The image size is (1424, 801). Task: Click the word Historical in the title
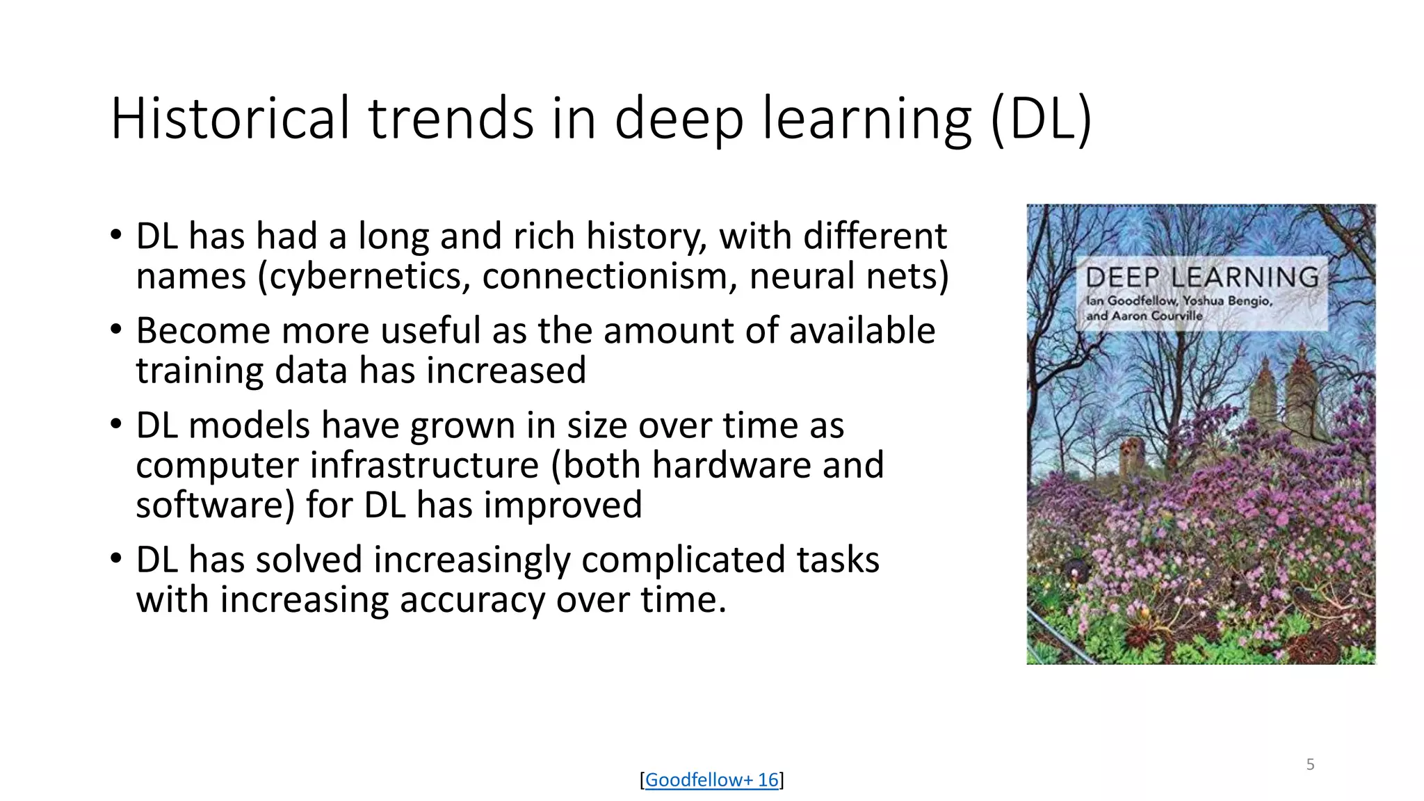point(229,118)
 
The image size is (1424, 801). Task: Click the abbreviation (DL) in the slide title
point(1041,118)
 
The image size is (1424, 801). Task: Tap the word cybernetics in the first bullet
point(365,276)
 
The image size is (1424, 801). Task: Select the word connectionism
point(604,276)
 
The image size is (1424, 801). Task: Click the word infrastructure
point(424,464)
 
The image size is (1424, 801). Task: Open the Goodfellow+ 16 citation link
point(711,779)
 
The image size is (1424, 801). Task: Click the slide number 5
point(1310,764)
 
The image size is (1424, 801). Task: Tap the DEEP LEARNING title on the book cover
point(1202,277)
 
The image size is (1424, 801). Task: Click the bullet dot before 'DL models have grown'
point(116,423)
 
